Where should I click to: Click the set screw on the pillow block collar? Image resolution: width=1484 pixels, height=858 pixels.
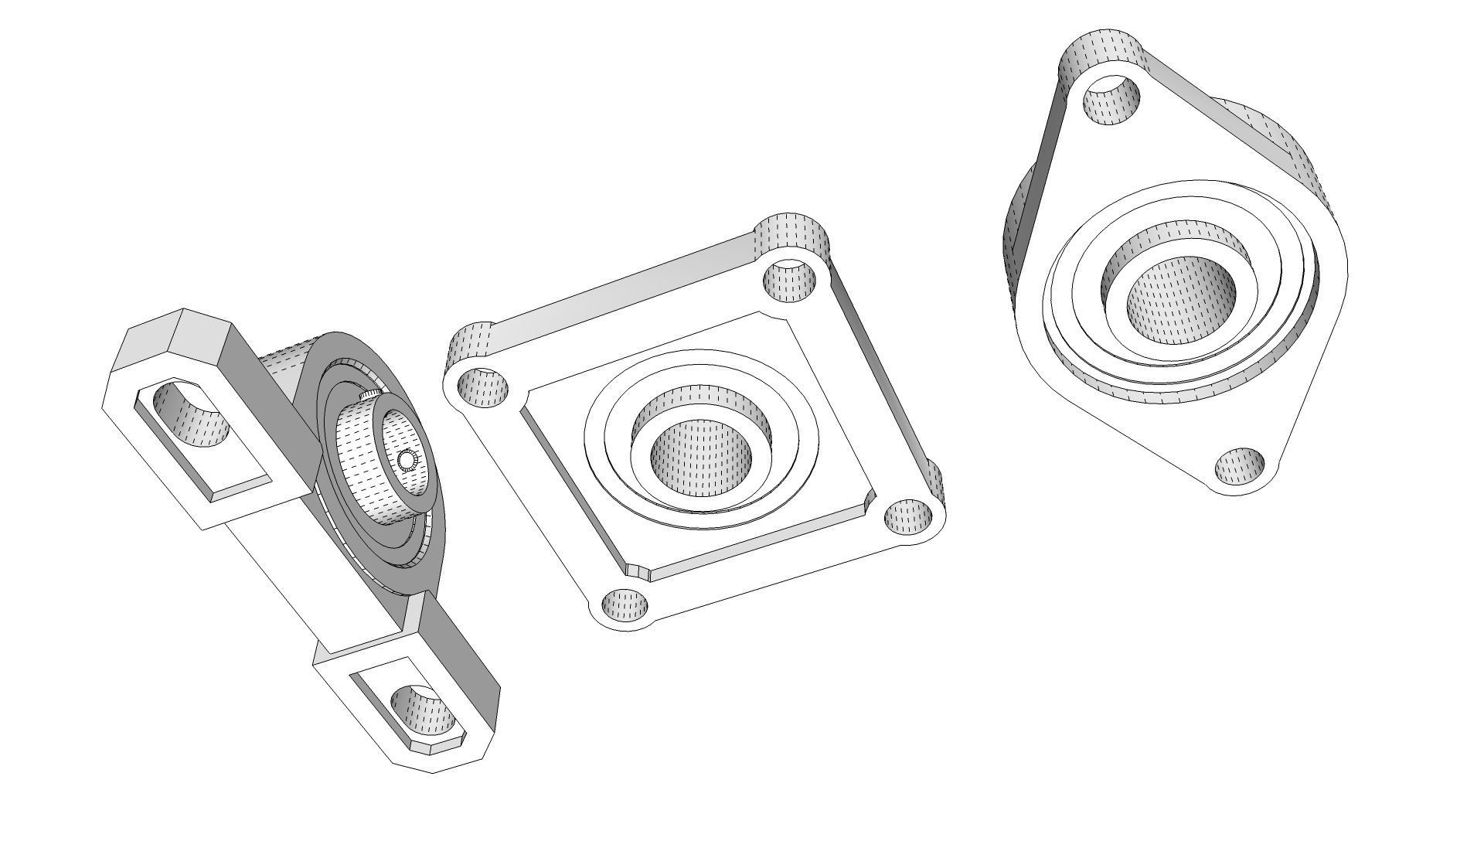pyautogui.click(x=407, y=461)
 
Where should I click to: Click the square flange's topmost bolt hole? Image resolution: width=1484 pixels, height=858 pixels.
pyautogui.click(x=791, y=281)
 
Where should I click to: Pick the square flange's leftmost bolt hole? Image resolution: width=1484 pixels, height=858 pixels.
pyautogui.click(x=483, y=386)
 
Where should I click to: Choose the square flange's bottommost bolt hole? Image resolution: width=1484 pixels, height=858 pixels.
pyautogui.click(x=625, y=604)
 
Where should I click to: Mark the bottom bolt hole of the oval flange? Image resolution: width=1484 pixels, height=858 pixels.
pyautogui.click(x=1240, y=466)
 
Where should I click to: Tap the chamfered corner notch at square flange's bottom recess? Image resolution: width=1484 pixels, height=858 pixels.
pyautogui.click(x=638, y=573)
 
